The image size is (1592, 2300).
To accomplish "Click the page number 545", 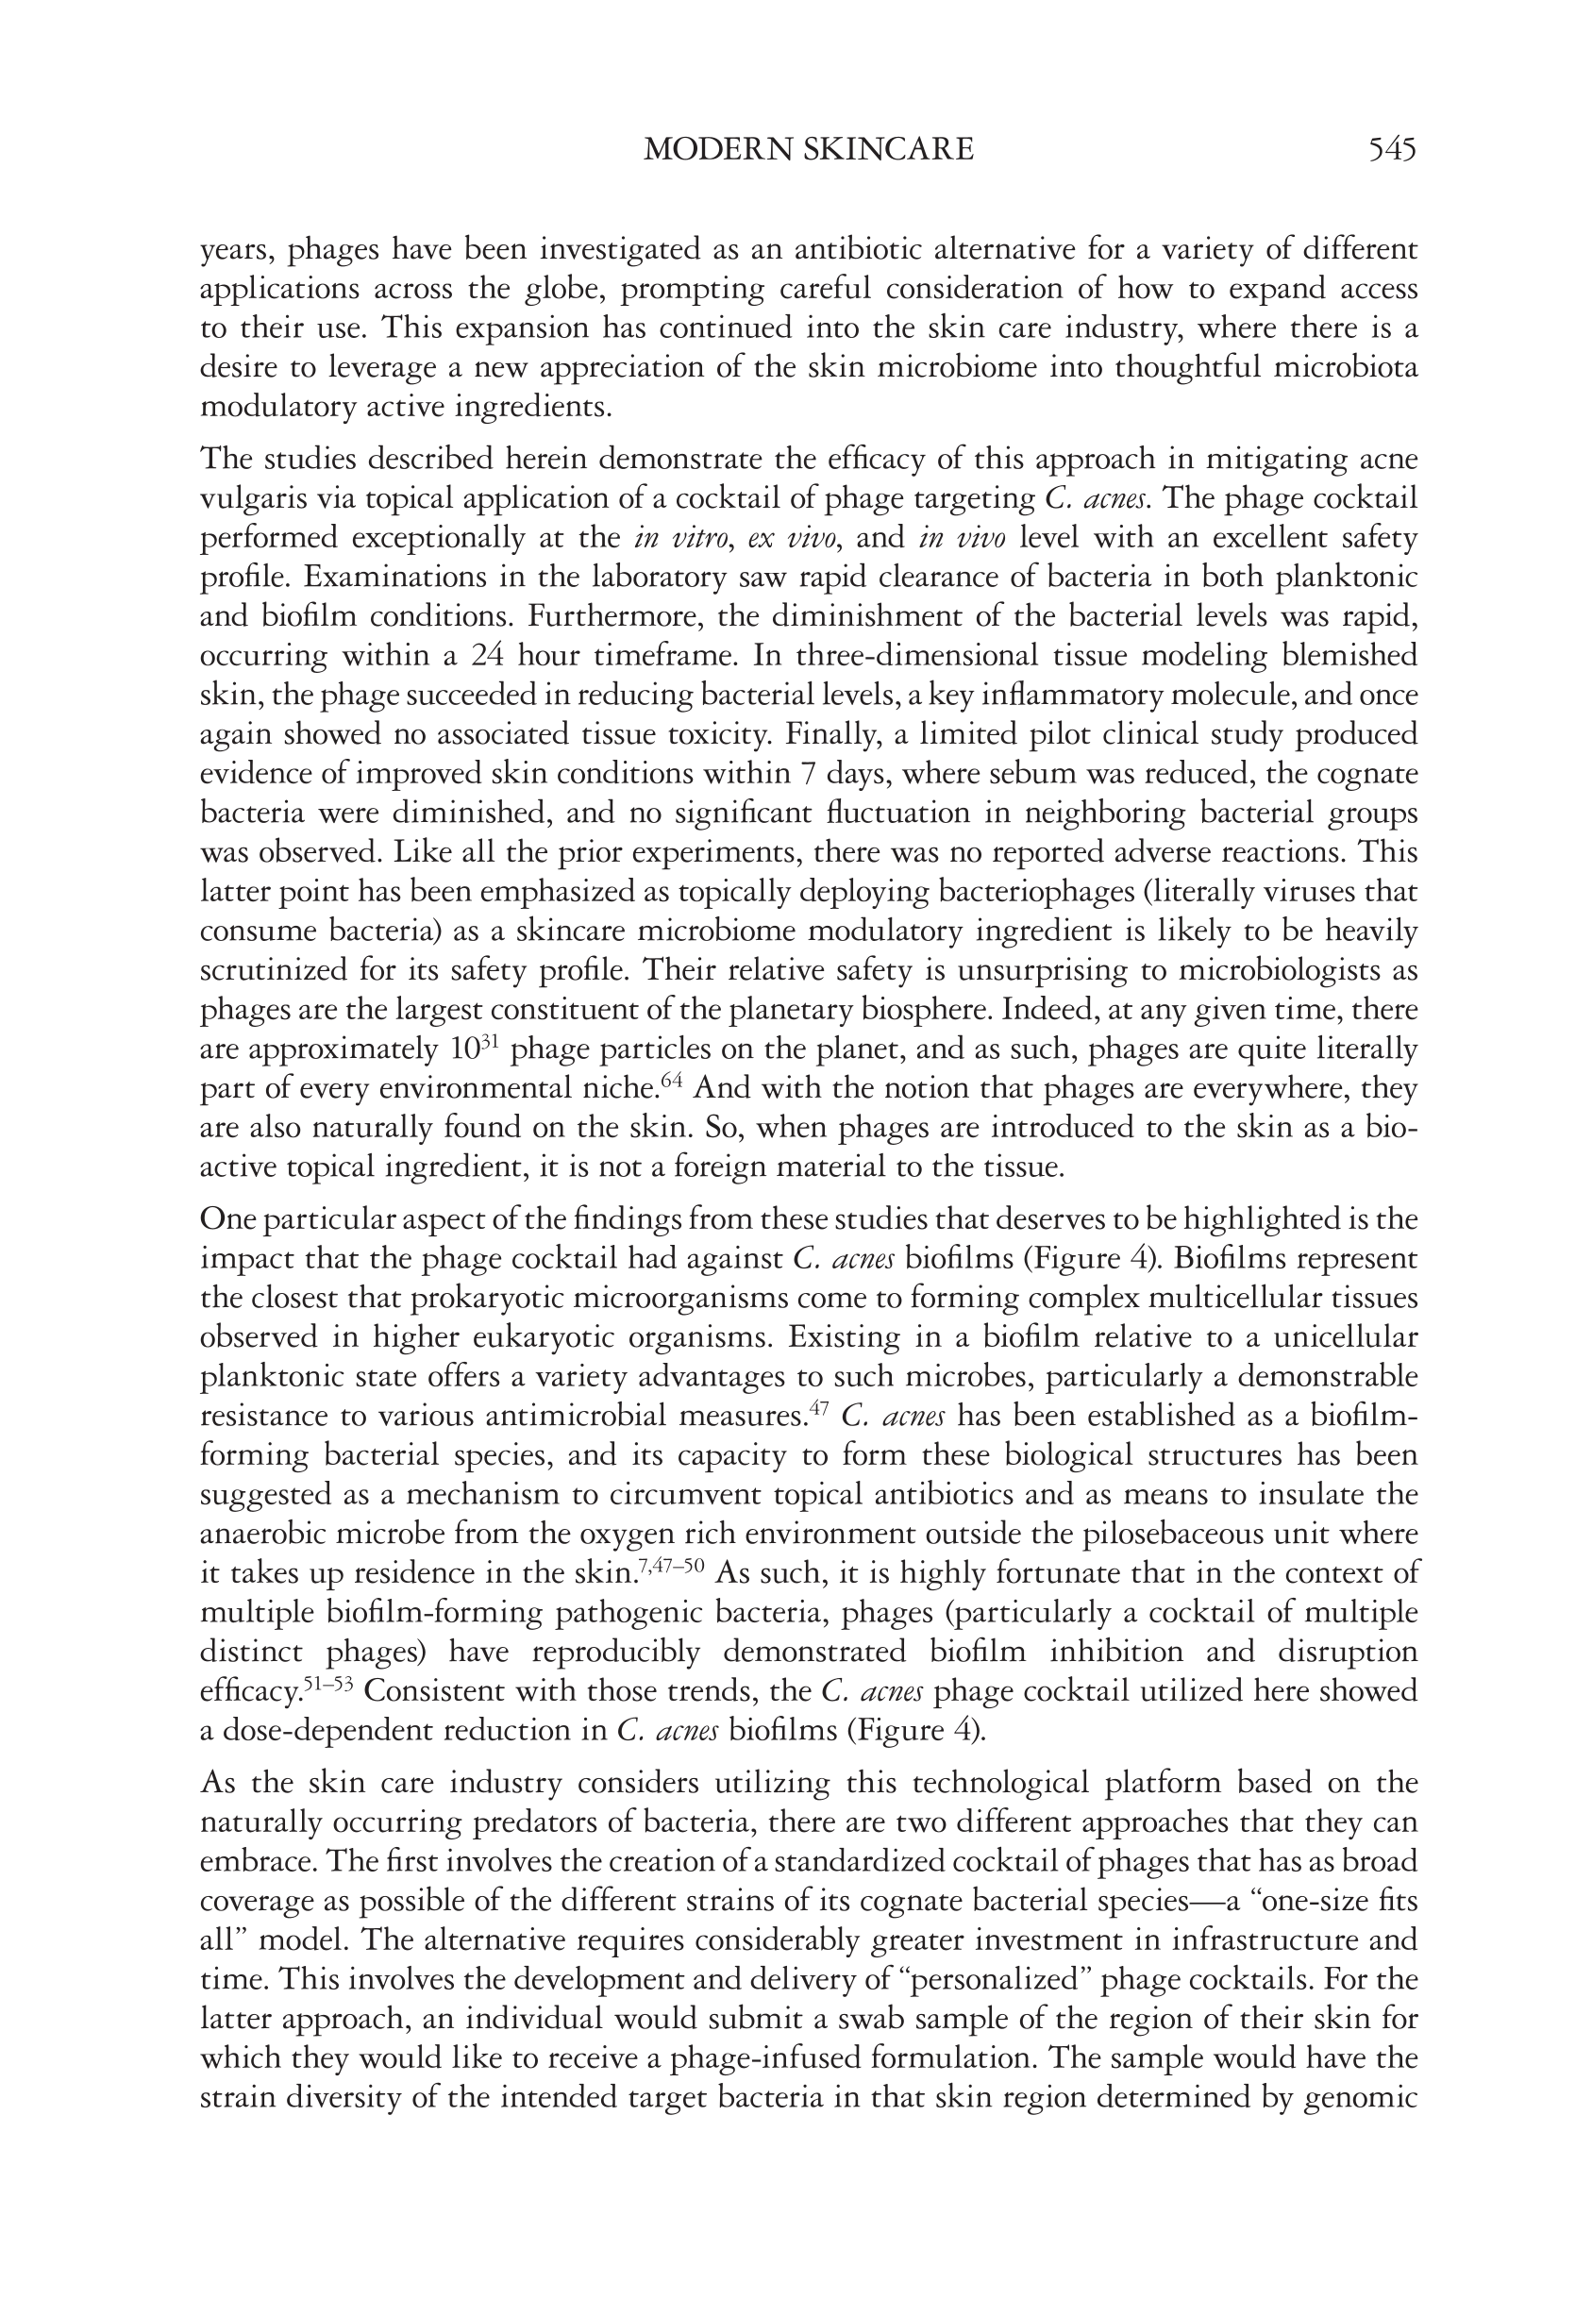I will click(1393, 150).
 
